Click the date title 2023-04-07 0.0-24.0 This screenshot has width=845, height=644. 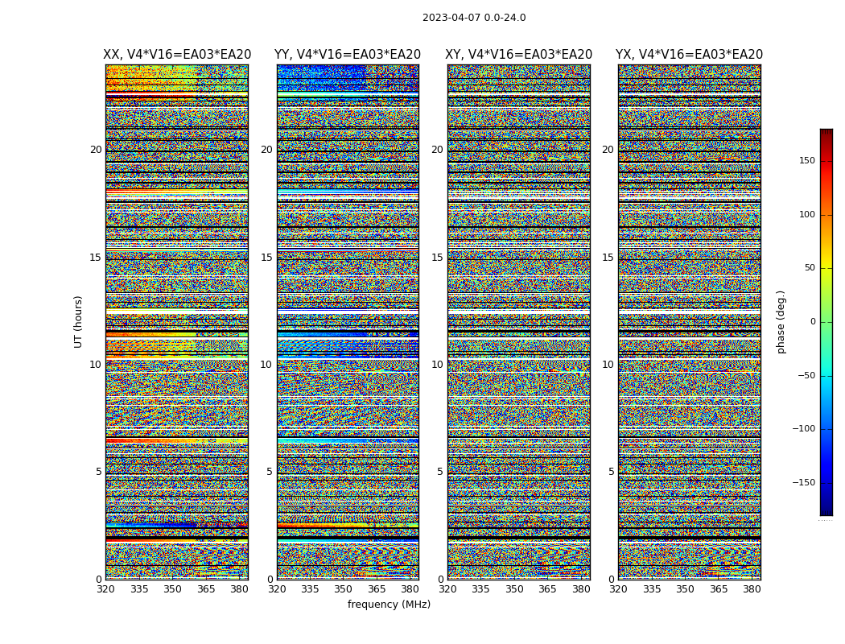pyautogui.click(x=474, y=18)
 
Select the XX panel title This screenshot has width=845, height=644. pyautogui.click(x=177, y=55)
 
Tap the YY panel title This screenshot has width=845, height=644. pyautogui.click(x=348, y=55)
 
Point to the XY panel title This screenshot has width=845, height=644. pyautogui.click(x=519, y=55)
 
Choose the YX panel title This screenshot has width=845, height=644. pyautogui.click(x=689, y=55)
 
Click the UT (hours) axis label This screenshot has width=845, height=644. pyautogui.click(x=79, y=321)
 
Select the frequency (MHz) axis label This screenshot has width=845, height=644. pyautogui.click(x=389, y=605)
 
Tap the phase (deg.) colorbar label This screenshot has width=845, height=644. pyautogui.click(x=781, y=321)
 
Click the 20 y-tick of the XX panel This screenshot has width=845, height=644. pyautogui.click(x=96, y=150)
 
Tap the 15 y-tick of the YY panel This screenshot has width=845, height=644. pyautogui.click(x=266, y=258)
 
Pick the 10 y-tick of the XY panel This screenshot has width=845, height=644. pyautogui.click(x=437, y=365)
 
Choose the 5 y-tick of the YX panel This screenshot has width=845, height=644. pyautogui.click(x=611, y=472)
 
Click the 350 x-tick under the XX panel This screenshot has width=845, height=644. pyautogui.click(x=172, y=589)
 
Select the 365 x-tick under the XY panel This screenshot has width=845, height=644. pyautogui.click(x=547, y=589)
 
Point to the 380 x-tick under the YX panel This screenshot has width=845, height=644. pyautogui.click(x=752, y=589)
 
